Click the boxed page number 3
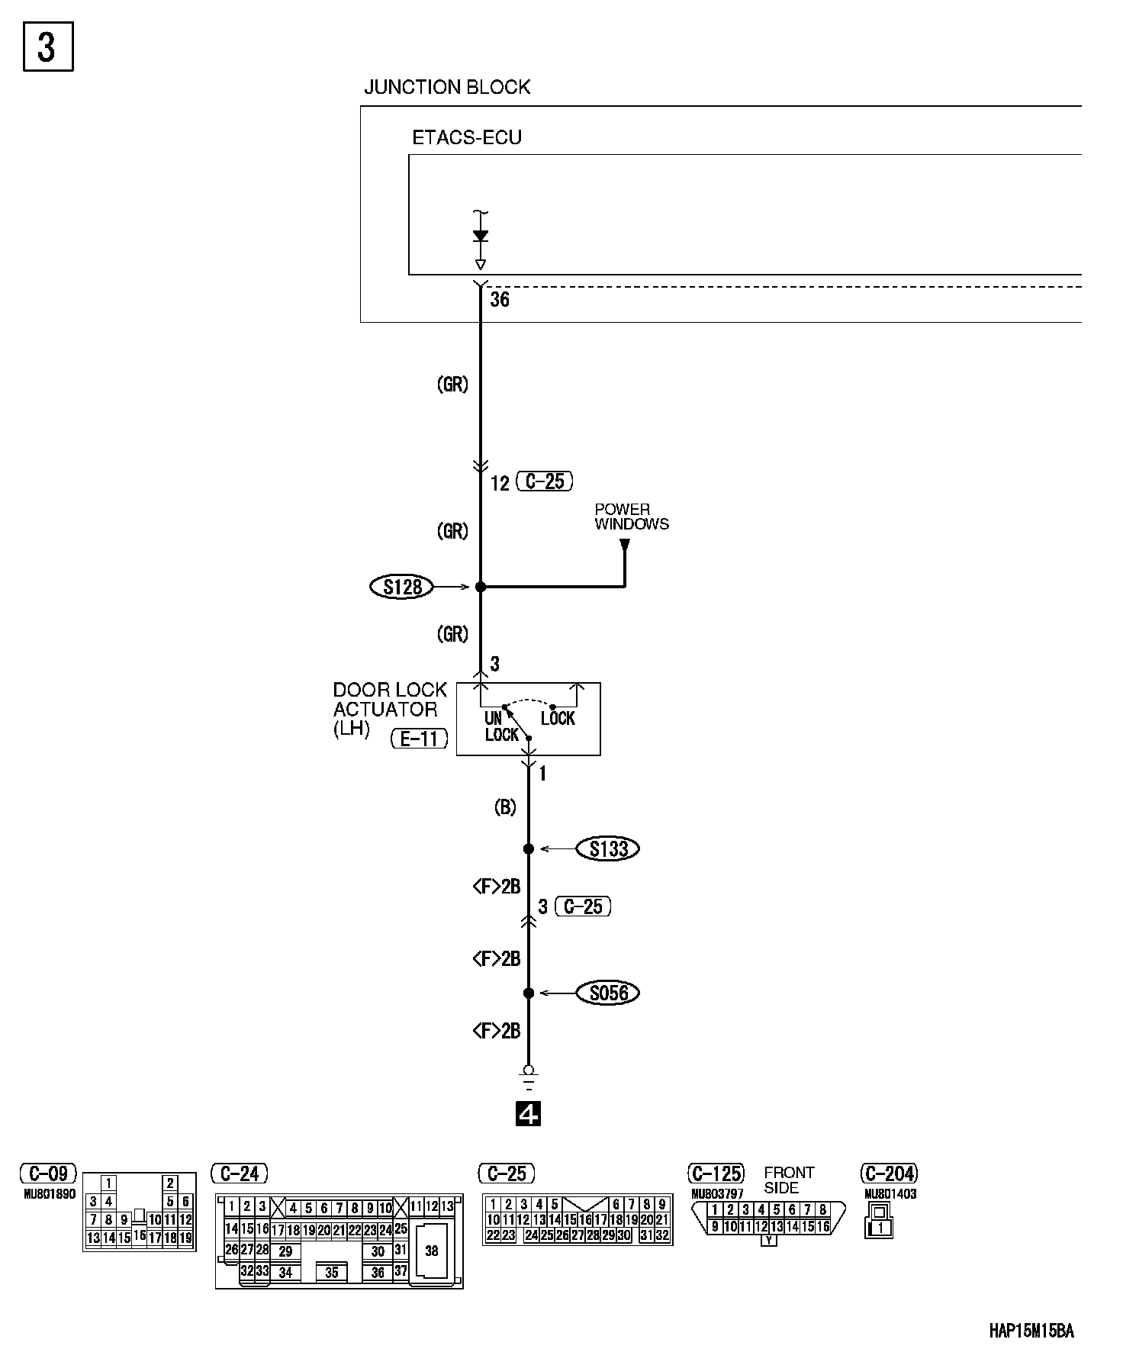click(x=47, y=47)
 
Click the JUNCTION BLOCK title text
click(x=446, y=87)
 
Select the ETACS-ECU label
click(x=466, y=138)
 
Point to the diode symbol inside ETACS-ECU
click(x=481, y=237)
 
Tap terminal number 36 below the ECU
click(x=500, y=299)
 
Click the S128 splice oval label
click(x=401, y=587)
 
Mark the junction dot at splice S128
click(x=481, y=587)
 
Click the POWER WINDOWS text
click(x=632, y=517)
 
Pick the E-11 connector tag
click(x=419, y=739)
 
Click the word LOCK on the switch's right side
click(x=558, y=719)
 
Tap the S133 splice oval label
click(x=608, y=848)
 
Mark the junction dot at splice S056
click(x=529, y=993)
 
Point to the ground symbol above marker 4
click(x=529, y=1077)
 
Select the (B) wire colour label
click(x=505, y=807)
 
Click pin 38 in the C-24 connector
click(x=432, y=1251)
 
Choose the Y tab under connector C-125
click(x=769, y=1241)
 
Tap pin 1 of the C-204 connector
click(x=882, y=1228)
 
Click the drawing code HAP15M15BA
click(x=1031, y=1331)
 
